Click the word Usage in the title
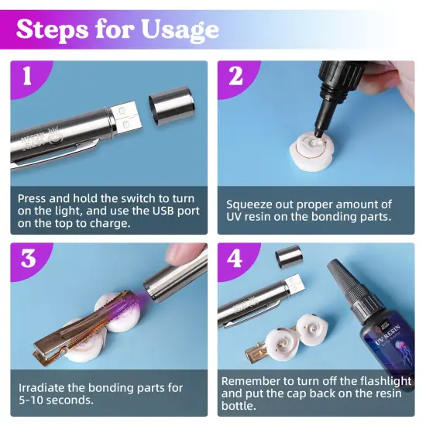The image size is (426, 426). point(180,29)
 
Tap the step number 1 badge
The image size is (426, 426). point(29,77)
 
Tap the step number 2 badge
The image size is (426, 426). point(235,77)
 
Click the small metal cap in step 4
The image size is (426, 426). point(289,256)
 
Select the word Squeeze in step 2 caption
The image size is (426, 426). point(249,204)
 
